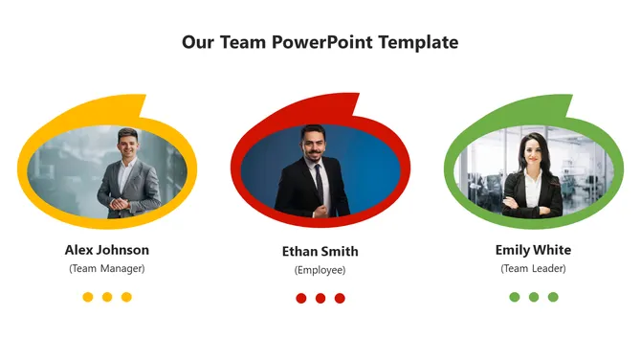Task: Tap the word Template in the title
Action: (x=418, y=42)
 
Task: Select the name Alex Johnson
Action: (x=107, y=250)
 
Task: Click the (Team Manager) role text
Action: (x=107, y=268)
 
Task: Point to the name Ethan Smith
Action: (x=320, y=252)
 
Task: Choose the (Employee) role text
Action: (x=320, y=270)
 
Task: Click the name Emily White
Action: (x=533, y=250)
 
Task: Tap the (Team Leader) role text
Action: (x=533, y=268)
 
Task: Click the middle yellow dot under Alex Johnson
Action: (x=107, y=297)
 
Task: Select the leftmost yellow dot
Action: (x=88, y=297)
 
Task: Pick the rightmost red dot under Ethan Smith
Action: (x=340, y=298)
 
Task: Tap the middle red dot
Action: (x=320, y=298)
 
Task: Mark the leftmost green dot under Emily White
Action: (x=515, y=297)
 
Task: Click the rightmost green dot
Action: (x=553, y=297)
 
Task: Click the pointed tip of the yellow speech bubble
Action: (x=144, y=96)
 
